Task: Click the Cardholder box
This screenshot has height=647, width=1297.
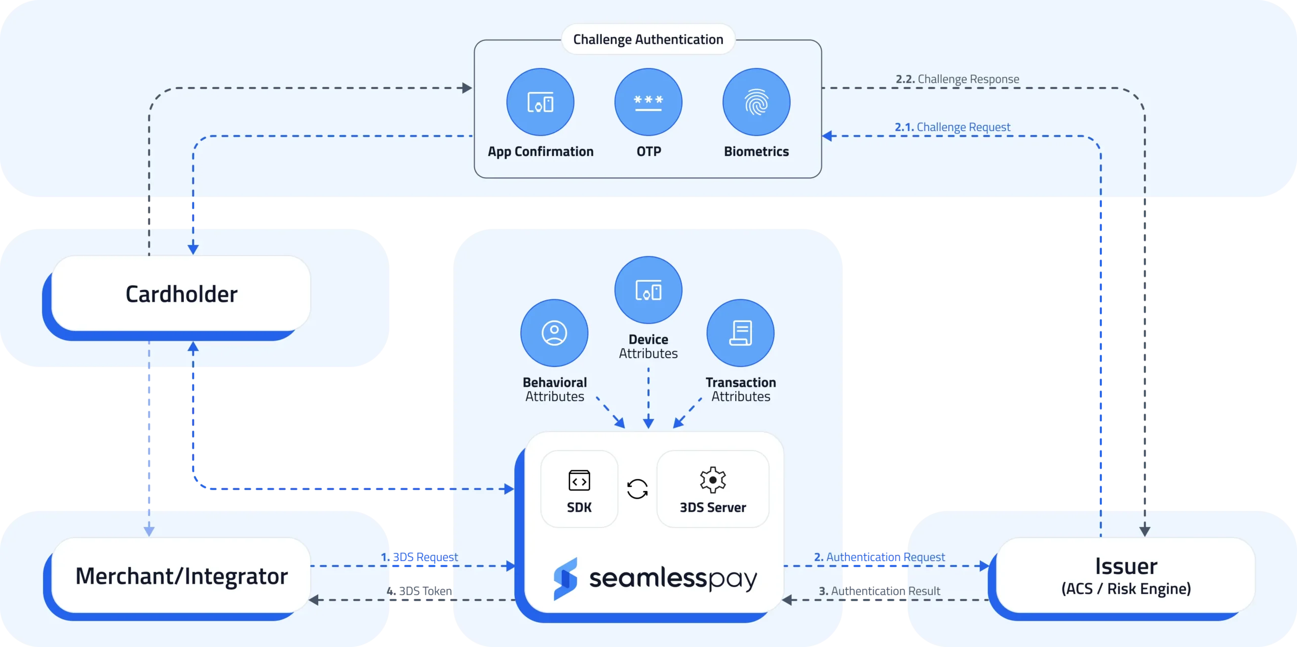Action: point(181,294)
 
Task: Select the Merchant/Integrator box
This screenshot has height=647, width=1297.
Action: point(181,576)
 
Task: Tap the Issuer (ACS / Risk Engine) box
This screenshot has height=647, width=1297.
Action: point(1126,576)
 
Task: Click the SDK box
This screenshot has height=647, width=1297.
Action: point(579,489)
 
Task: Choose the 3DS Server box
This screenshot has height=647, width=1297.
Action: point(712,489)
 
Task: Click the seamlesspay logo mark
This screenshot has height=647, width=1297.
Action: point(565,579)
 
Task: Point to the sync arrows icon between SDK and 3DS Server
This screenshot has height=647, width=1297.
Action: point(637,489)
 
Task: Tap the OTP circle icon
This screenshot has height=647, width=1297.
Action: point(648,102)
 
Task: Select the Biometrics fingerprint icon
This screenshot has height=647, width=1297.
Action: point(756,102)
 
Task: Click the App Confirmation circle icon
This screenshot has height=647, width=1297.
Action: point(540,102)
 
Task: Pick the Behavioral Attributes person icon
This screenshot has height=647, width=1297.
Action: point(554,333)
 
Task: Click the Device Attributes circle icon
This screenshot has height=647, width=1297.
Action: point(648,290)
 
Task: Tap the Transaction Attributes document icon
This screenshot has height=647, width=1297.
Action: point(740,333)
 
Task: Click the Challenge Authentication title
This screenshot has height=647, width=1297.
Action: point(648,39)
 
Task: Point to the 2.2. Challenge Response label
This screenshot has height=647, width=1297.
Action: point(957,79)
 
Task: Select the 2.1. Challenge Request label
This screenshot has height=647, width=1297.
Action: point(952,127)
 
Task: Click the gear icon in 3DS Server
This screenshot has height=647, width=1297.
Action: point(713,479)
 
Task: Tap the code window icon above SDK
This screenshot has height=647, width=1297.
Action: point(579,480)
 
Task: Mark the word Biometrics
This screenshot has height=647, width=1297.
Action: point(756,151)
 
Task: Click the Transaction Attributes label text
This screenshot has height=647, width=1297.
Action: point(741,389)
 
